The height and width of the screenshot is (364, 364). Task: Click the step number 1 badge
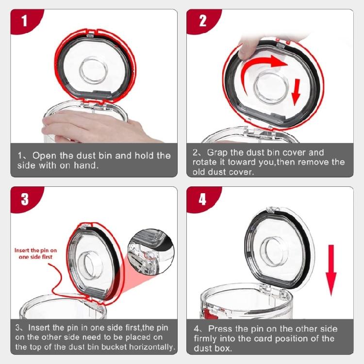(x=24, y=21)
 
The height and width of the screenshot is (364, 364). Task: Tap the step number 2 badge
(x=202, y=21)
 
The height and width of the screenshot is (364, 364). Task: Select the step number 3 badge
(x=25, y=199)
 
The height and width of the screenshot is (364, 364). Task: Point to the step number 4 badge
(x=202, y=199)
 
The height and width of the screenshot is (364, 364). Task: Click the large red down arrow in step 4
(x=331, y=270)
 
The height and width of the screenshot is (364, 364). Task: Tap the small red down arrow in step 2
(x=296, y=92)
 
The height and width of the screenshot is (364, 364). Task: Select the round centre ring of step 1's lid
(x=93, y=70)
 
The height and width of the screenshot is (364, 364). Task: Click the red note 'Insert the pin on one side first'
(x=35, y=253)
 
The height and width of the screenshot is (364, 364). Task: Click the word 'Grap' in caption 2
(x=217, y=153)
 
